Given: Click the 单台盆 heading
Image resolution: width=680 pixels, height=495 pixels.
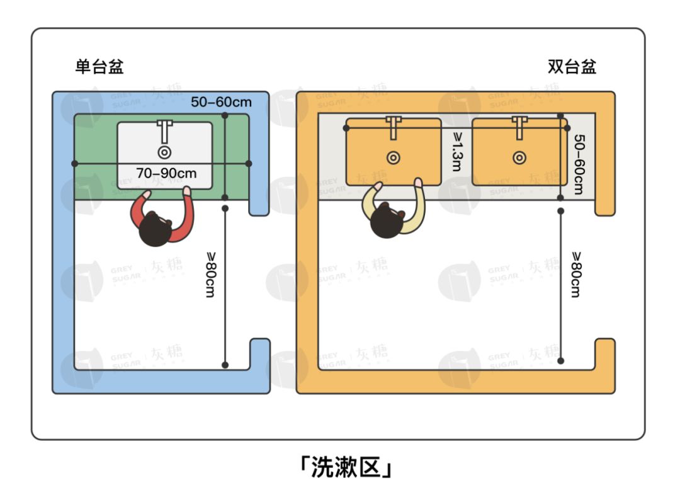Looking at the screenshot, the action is click(99, 66).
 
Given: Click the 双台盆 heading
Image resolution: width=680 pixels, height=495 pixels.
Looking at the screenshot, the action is click(572, 66).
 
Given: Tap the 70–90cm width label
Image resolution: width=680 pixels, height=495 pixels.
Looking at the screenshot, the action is click(166, 173).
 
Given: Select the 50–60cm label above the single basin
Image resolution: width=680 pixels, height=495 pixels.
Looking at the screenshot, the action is click(221, 102).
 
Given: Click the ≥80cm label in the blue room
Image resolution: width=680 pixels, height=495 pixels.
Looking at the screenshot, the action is click(210, 275).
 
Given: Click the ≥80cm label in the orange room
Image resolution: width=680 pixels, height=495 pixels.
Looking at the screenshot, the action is click(576, 275).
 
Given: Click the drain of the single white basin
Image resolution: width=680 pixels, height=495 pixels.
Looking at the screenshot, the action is click(164, 152).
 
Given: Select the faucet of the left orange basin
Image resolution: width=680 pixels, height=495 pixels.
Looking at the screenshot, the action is click(394, 128).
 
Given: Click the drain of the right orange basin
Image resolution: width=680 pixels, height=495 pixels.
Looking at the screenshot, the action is click(519, 158).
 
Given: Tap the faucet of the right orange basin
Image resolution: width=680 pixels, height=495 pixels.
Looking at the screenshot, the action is click(519, 128).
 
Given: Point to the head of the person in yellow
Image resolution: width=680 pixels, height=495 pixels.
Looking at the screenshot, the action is click(387, 220).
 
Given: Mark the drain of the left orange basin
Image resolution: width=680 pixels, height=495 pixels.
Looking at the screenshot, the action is click(394, 158).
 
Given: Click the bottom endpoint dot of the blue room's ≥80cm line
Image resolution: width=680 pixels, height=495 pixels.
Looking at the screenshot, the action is click(225, 365).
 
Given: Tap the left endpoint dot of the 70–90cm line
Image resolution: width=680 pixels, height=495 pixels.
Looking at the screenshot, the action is click(74, 164).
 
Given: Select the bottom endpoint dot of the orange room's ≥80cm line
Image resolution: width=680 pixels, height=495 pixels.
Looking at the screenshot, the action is click(561, 360).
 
